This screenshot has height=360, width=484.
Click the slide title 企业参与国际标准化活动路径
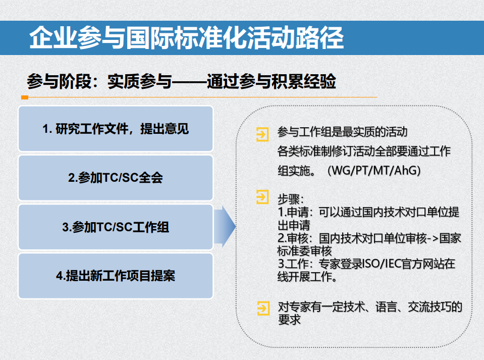[x=187, y=37]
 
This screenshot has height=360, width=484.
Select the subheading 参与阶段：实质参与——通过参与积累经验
[x=181, y=81]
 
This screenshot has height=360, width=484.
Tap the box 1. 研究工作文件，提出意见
[x=116, y=129]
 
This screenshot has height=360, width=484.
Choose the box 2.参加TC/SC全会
[x=116, y=178]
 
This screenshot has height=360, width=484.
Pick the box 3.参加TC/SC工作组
[x=116, y=227]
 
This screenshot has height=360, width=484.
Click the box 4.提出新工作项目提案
[x=116, y=276]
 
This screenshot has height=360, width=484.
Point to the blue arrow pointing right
[x=225, y=227]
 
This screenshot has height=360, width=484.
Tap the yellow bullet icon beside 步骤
[x=262, y=197]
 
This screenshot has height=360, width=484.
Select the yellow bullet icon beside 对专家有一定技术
[x=262, y=307]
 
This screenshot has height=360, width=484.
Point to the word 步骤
[x=291, y=197]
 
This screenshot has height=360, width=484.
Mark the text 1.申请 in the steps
[x=292, y=211]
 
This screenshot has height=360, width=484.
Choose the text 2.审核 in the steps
[x=292, y=238]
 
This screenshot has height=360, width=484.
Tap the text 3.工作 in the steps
[x=292, y=264]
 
